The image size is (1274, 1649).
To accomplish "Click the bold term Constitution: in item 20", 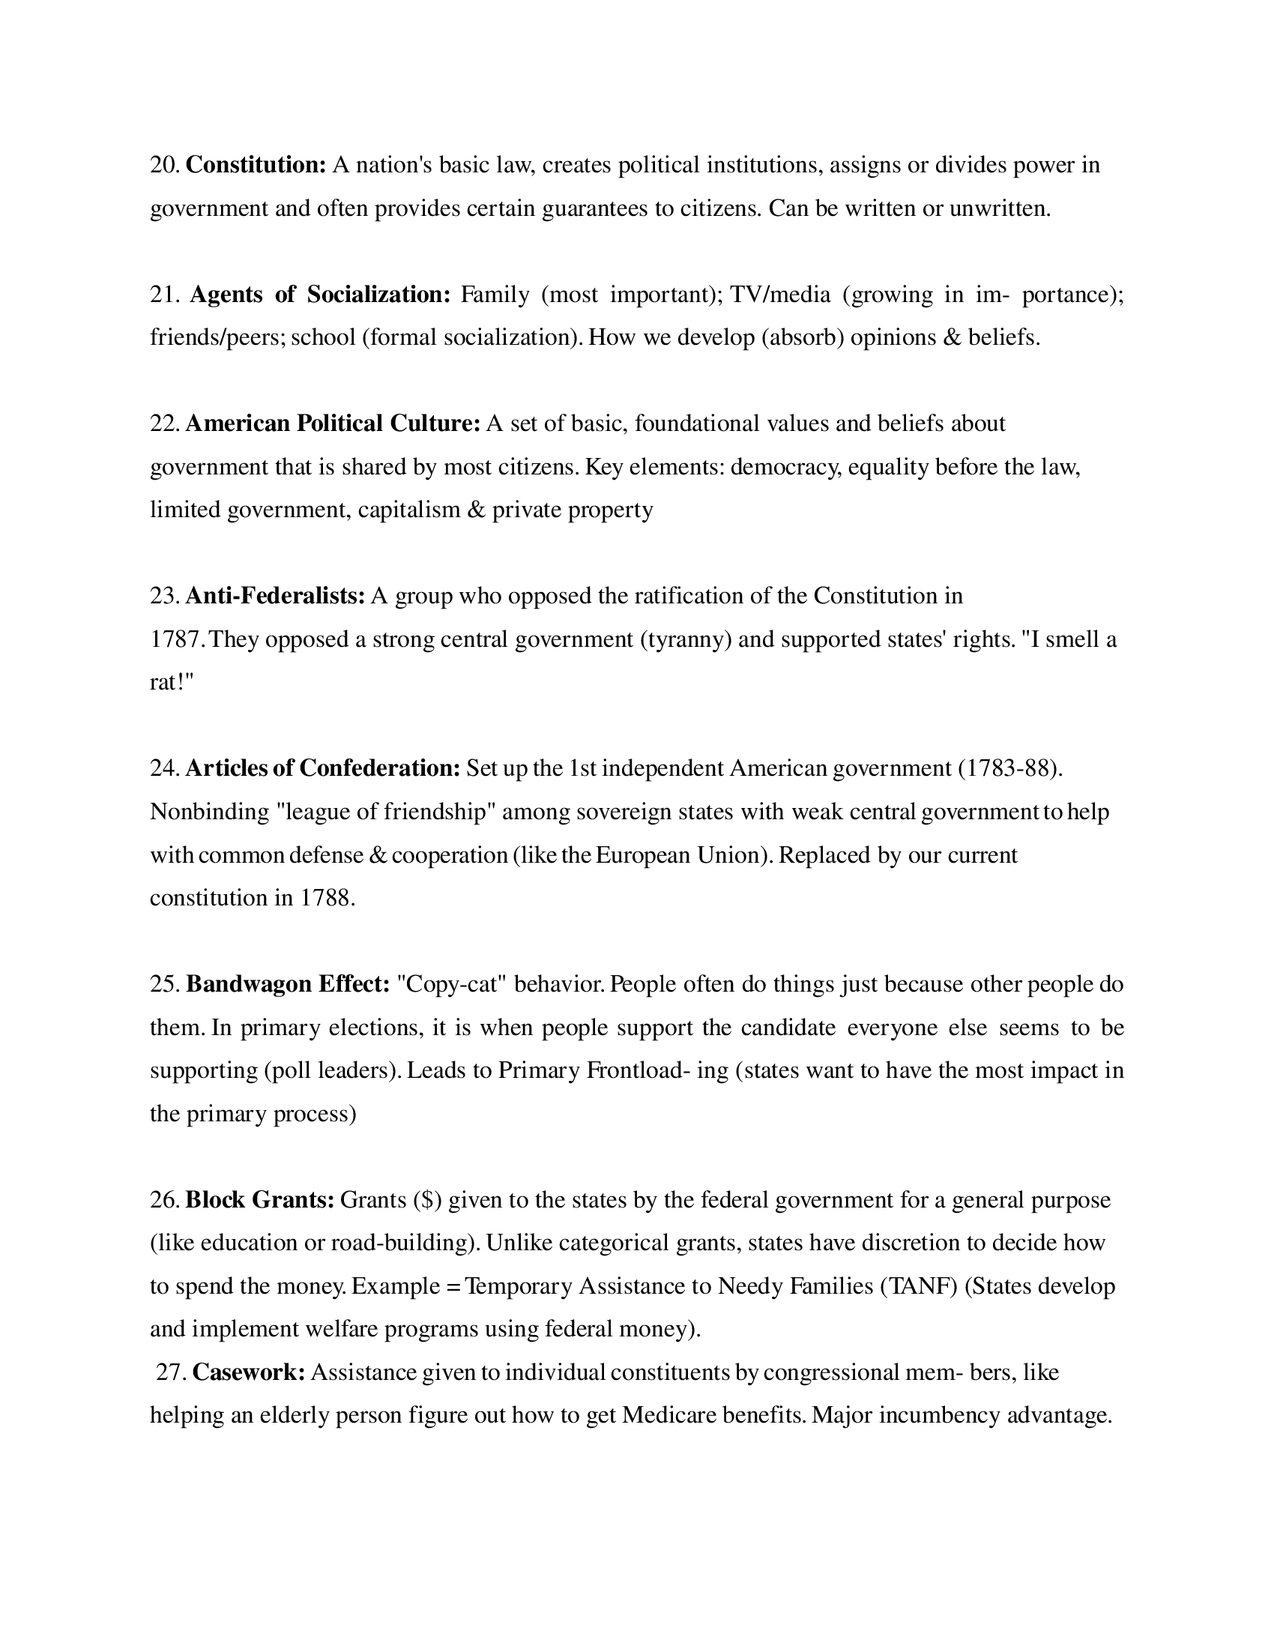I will point(256,165).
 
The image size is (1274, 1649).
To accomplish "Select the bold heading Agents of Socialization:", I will point(319,294).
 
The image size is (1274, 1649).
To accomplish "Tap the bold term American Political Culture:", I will point(333,423).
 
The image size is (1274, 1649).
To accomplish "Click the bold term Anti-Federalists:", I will point(276,596).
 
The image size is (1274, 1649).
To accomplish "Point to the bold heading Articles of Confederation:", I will point(322,768).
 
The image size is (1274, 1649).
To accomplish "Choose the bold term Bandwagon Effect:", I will point(288,984).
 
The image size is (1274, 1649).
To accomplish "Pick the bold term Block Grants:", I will point(259,1200).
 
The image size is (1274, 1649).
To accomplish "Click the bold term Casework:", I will point(249,1372).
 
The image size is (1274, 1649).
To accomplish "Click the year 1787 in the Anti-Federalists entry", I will point(175,639).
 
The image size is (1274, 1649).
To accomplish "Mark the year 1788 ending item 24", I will point(326,898).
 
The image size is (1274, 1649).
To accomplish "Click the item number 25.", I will point(165,984).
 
